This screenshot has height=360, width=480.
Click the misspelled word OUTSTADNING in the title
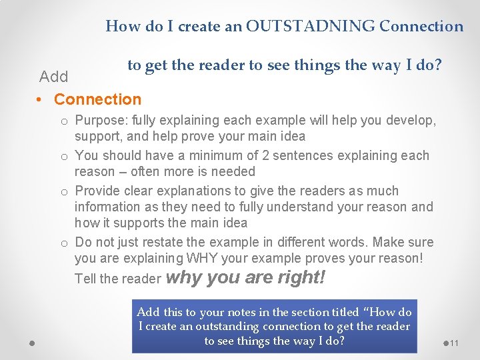click(310, 27)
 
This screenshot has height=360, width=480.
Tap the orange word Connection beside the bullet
click(97, 99)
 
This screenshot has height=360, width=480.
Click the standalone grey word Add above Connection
click(53, 77)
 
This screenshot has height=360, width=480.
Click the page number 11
click(455, 343)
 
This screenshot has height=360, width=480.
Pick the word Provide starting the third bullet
click(101, 191)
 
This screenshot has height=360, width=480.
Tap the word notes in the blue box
click(245, 312)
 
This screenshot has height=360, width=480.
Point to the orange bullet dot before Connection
click(41, 100)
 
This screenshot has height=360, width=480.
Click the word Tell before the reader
click(86, 279)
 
